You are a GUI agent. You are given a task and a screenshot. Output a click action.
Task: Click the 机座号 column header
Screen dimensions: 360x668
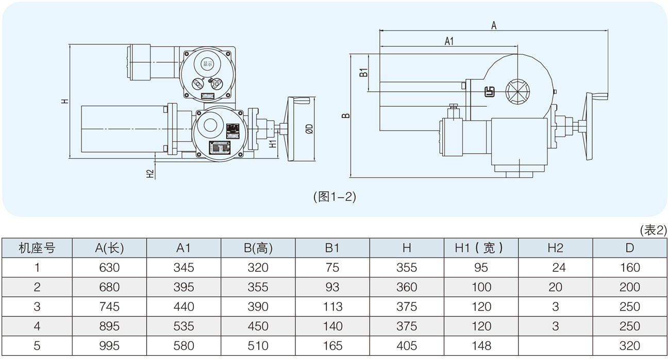point(37,248)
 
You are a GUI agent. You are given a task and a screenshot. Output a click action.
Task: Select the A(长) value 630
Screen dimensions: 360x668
point(110,268)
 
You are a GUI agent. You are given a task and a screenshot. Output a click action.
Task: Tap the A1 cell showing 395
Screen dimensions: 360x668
point(183,287)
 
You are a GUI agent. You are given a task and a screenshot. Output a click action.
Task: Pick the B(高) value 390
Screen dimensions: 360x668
point(258,307)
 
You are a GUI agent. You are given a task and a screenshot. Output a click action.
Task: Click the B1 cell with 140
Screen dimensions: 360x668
point(332,326)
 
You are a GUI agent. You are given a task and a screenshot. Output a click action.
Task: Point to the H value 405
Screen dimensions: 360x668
point(407,346)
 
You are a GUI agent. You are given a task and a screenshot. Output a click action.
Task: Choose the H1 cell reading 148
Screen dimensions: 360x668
point(481,346)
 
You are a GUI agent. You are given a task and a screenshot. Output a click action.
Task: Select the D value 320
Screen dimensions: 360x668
point(629,346)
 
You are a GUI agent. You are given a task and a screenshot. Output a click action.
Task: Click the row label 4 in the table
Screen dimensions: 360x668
point(37,326)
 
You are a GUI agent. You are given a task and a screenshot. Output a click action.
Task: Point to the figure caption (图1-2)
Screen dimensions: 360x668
point(334,197)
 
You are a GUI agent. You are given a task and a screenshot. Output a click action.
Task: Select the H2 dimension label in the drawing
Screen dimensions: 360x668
point(150,173)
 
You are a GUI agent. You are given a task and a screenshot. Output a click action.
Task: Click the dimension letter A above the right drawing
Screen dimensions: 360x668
point(493,25)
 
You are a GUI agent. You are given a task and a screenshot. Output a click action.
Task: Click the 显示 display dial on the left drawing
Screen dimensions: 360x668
point(207,64)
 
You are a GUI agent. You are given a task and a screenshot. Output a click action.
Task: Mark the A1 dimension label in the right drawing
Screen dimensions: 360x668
point(449,42)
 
